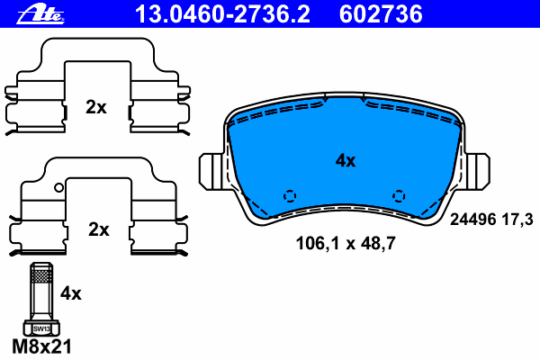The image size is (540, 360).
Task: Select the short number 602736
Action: coord(380,13)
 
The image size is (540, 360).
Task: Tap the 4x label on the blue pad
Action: coord(346,161)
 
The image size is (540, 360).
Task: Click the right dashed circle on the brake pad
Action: coord(399,195)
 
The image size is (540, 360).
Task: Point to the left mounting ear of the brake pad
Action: coord(209,171)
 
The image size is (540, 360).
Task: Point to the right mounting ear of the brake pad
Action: coord(480,171)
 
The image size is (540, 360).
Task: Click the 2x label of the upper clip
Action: coord(96,107)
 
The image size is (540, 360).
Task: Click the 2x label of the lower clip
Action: coord(98,229)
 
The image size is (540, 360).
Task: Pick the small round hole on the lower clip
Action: coord(58,188)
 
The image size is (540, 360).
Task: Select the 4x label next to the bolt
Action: coord(70,292)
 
